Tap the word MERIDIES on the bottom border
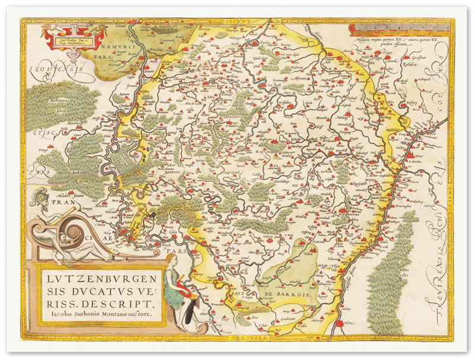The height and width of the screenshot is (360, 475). pyautogui.click(x=255, y=336)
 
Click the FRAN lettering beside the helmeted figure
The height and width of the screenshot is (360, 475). pyautogui.click(x=59, y=202)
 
